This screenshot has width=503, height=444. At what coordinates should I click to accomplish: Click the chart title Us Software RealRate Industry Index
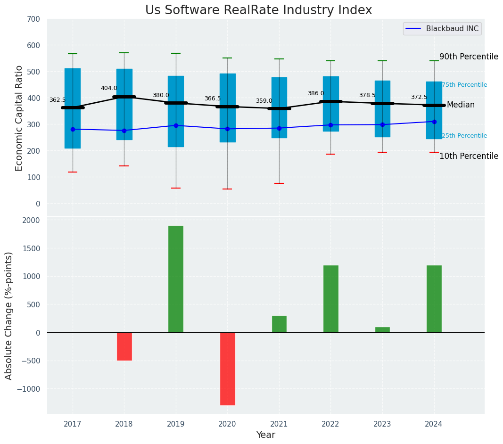pyautogui.click(x=258, y=10)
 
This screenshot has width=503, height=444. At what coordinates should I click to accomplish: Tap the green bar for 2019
pyautogui.click(x=176, y=279)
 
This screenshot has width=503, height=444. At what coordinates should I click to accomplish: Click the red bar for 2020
pyautogui.click(x=227, y=369)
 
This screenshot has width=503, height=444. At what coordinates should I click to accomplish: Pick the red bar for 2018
pyautogui.click(x=124, y=346)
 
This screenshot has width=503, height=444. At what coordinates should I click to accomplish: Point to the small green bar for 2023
pyautogui.click(x=382, y=329)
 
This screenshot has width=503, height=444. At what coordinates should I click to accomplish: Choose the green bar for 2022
pyautogui.click(x=330, y=299)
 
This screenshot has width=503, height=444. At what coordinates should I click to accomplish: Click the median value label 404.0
pyautogui.click(x=109, y=88)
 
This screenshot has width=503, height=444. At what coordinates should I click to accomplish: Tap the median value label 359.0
pyautogui.click(x=264, y=101)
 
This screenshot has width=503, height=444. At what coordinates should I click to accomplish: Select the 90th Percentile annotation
pyautogui.click(x=469, y=57)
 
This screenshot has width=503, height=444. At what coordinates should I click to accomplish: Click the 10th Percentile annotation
pyautogui.click(x=469, y=156)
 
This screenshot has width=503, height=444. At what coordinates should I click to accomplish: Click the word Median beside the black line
pyautogui.click(x=461, y=105)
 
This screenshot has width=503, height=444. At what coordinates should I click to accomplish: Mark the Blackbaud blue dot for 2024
pyautogui.click(x=434, y=122)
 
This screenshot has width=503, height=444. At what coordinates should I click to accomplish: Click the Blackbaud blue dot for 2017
pyautogui.click(x=73, y=129)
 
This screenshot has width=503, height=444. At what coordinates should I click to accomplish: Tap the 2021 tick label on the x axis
pyautogui.click(x=279, y=424)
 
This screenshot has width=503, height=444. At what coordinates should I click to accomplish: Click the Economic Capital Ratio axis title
pyautogui.click(x=19, y=118)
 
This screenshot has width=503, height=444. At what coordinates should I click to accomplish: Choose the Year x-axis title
pyautogui.click(x=266, y=435)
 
